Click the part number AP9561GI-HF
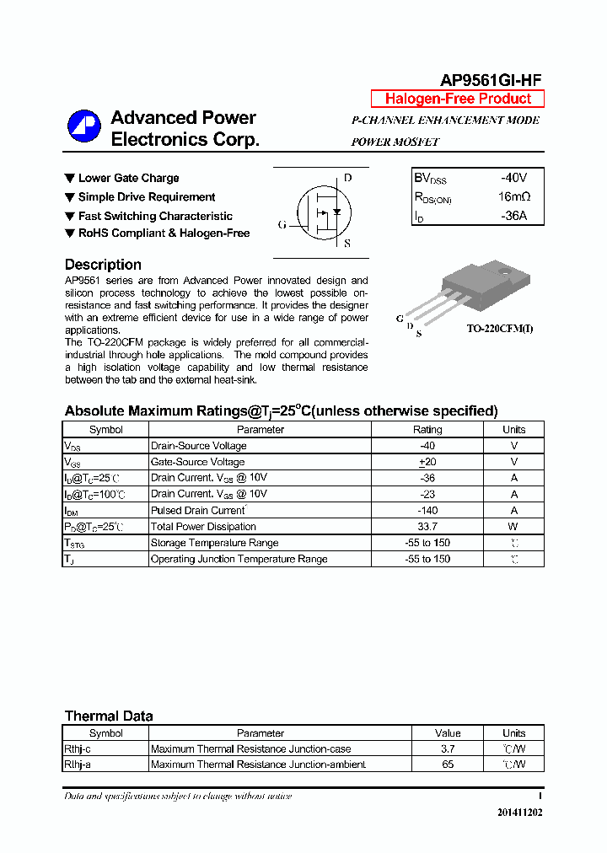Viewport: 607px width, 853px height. pyautogui.click(x=491, y=80)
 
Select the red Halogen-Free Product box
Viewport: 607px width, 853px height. pyautogui.click(x=458, y=99)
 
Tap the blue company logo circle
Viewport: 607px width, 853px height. pyautogui.click(x=84, y=126)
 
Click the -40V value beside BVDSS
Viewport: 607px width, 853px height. pyautogui.click(x=513, y=178)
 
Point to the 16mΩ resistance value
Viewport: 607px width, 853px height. pyautogui.click(x=513, y=197)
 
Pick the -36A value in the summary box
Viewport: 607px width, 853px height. pyautogui.click(x=513, y=216)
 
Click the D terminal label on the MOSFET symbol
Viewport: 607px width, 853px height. pyautogui.click(x=347, y=178)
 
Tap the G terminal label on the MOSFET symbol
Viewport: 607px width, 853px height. pyautogui.click(x=282, y=225)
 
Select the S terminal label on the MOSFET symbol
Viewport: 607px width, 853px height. pyautogui.click(x=347, y=244)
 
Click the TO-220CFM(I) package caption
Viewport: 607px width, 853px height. pyautogui.click(x=500, y=328)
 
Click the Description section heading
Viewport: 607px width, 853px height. pyautogui.click(x=103, y=265)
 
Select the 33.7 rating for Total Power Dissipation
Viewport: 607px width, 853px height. pyautogui.click(x=427, y=527)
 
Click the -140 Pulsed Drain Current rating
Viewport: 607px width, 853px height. pyautogui.click(x=427, y=511)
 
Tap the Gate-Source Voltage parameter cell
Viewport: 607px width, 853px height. pyautogui.click(x=197, y=462)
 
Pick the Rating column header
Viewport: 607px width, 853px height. pyautogui.click(x=427, y=430)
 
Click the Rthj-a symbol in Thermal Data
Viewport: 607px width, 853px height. pyautogui.click(x=79, y=764)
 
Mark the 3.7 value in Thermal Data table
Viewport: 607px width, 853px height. pyautogui.click(x=448, y=748)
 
